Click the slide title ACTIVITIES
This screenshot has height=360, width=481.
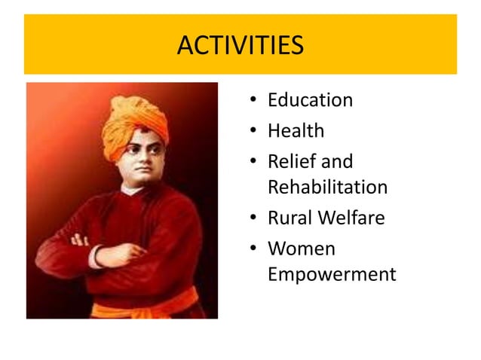[x=240, y=45]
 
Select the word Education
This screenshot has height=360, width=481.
[x=310, y=100]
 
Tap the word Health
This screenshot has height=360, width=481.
[x=296, y=131]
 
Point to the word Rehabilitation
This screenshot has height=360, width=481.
[x=327, y=187]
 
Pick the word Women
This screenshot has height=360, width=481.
[x=302, y=249]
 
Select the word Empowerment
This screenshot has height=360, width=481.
[x=331, y=274]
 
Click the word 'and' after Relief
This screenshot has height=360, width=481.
[x=336, y=161]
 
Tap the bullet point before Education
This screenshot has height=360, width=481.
[x=256, y=101]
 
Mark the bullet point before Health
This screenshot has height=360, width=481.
[x=256, y=132]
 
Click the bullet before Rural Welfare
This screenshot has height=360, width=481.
[x=256, y=219]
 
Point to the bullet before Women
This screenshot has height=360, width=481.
[x=256, y=249]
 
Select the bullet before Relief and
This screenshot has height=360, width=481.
[x=256, y=162]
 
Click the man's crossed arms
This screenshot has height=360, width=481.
[x=113, y=252]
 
